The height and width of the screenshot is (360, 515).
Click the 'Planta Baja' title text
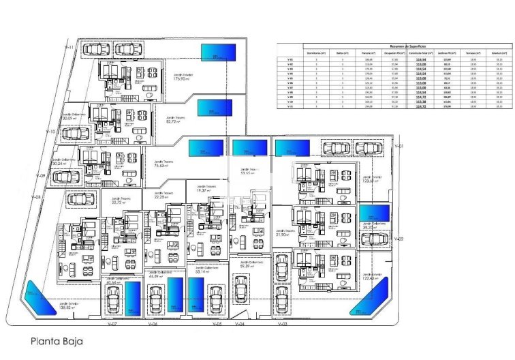(57, 342)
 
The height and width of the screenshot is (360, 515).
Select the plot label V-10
(50, 132)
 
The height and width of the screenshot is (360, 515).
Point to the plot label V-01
(400, 147)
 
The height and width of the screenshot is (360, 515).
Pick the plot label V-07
(114, 325)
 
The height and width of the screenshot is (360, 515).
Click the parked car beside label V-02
(374, 240)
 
